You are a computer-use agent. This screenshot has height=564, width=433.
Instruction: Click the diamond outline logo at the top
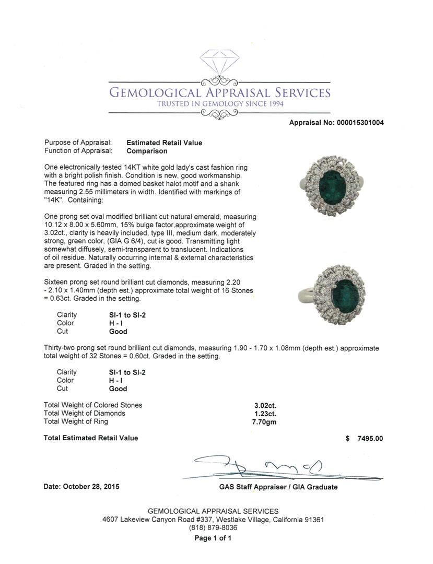click(x=219, y=62)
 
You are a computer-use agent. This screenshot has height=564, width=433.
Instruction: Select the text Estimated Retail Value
click(x=164, y=143)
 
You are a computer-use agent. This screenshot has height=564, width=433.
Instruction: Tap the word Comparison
click(x=147, y=151)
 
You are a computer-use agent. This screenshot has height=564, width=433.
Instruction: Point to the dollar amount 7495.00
click(x=370, y=438)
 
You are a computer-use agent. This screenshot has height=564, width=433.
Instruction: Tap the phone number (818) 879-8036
click(x=213, y=527)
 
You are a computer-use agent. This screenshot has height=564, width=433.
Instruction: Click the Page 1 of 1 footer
click(x=213, y=538)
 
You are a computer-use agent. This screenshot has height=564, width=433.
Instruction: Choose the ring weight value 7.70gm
click(x=264, y=421)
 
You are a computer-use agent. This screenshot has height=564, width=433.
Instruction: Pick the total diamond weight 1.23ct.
click(x=264, y=413)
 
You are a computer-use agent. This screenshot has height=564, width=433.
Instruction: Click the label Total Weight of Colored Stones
click(x=93, y=405)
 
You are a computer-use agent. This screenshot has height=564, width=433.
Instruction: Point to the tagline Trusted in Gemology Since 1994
click(x=219, y=104)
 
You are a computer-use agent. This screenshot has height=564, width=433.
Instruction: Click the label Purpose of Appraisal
click(x=78, y=143)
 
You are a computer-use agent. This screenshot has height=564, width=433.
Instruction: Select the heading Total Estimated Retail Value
click(x=91, y=438)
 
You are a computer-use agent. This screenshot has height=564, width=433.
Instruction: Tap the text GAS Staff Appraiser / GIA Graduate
click(x=278, y=487)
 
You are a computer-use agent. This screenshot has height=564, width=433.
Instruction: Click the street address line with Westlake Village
click(x=213, y=520)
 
